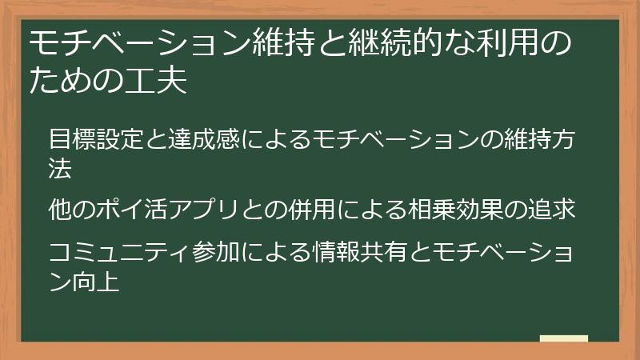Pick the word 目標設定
tap(95, 138)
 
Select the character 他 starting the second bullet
tap(60, 210)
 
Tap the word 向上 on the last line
tap(97, 281)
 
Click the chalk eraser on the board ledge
tap(564, 338)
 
